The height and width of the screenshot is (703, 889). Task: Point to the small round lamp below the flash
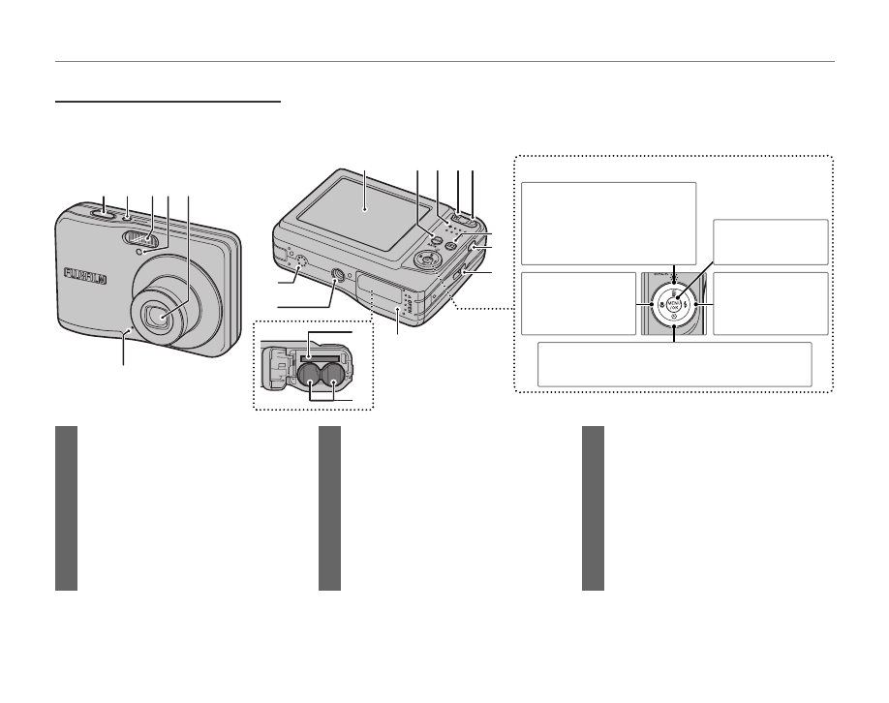(x=141, y=253)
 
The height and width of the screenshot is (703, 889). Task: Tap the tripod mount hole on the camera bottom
(x=338, y=276)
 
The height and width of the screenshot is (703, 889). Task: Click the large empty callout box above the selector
(x=608, y=223)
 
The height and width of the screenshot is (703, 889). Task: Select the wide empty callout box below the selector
(x=674, y=364)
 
